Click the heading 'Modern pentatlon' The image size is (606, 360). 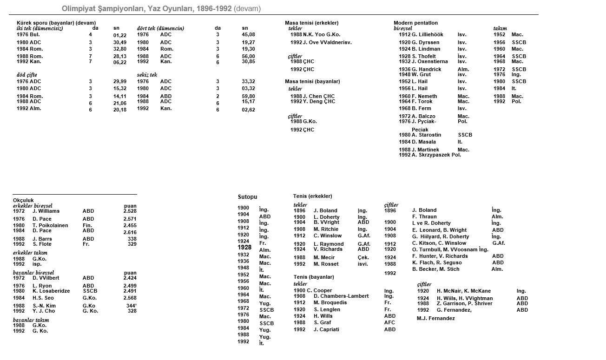click(415, 23)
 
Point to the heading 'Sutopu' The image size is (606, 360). click(247, 197)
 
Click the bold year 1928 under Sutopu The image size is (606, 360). click(244, 248)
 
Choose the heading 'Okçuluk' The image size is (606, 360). click(23, 200)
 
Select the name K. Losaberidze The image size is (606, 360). click(51, 291)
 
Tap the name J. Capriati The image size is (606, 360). click(326, 329)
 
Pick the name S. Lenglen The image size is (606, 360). click(327, 309)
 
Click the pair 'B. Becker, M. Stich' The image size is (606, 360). click(436, 269)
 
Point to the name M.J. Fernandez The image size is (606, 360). click(436, 318)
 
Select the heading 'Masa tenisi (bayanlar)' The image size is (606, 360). click(312, 81)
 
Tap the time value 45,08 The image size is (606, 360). click(248, 34)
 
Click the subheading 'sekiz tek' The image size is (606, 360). click(147, 74)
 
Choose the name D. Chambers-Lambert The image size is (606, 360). click(341, 296)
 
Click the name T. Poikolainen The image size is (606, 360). click(50, 225)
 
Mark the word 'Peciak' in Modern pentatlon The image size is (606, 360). click(420, 130)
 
